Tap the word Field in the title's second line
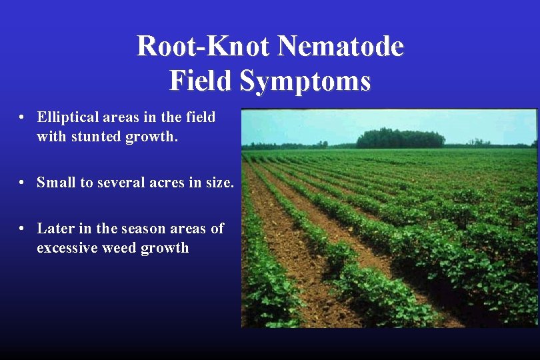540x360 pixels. (201, 81)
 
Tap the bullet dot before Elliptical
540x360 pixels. (22, 118)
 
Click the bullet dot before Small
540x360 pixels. (22, 183)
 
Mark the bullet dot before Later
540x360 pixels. (22, 229)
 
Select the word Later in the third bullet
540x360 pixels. (55, 229)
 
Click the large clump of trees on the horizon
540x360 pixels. (400, 138)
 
